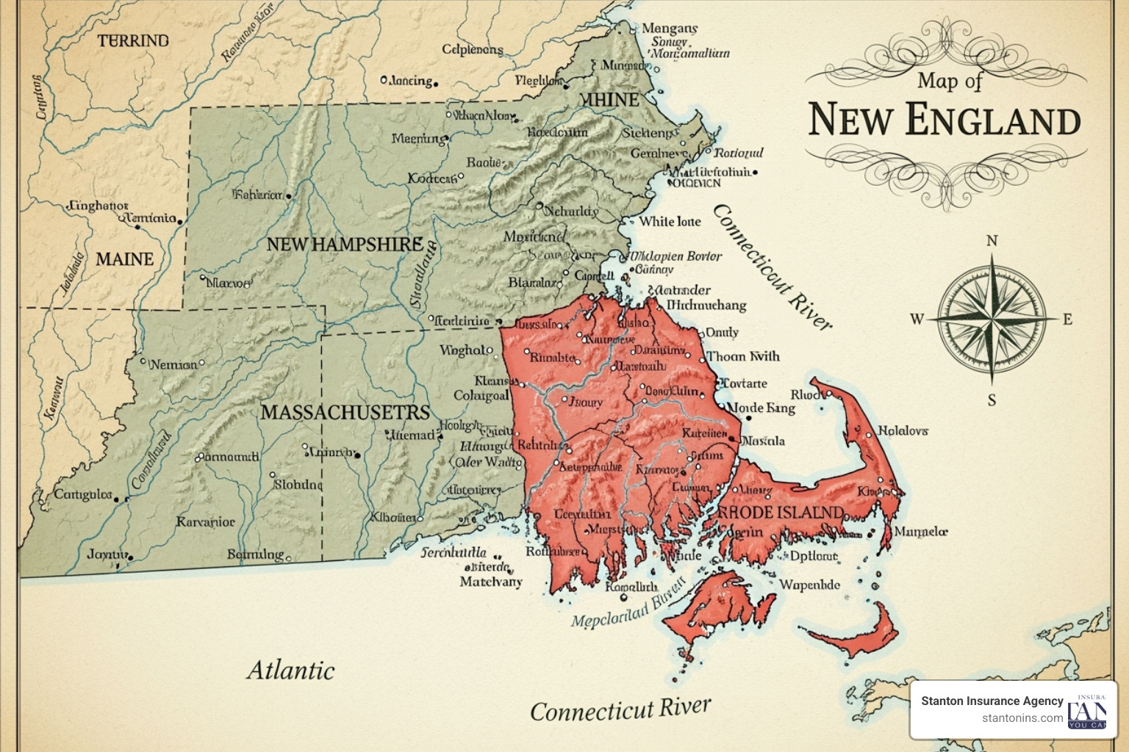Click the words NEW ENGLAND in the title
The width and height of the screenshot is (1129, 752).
tap(945, 120)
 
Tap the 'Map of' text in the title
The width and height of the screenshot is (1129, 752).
tap(949, 80)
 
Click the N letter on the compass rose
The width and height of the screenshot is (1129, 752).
tap(992, 241)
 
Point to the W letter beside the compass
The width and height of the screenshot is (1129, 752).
tap(917, 319)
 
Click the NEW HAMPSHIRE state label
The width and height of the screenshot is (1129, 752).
tap(344, 245)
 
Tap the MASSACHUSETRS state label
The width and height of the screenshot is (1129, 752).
tap(345, 412)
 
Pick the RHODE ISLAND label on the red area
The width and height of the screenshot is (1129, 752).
tap(780, 512)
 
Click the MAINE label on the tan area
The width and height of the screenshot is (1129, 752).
tap(124, 259)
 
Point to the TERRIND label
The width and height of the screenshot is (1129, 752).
tap(133, 40)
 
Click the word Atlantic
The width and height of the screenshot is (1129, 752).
tap(290, 670)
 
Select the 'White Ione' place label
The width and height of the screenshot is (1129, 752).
tap(670, 221)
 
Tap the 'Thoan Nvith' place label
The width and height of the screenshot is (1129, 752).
tap(742, 356)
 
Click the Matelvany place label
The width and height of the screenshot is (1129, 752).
tap(490, 582)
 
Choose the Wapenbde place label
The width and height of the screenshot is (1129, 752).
tap(809, 585)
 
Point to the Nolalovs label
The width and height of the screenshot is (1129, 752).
tap(903, 430)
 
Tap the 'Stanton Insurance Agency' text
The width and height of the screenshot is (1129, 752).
tap(992, 701)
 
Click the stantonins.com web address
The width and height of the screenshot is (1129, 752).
tap(1022, 717)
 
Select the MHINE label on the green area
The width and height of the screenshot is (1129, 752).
tap(609, 99)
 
